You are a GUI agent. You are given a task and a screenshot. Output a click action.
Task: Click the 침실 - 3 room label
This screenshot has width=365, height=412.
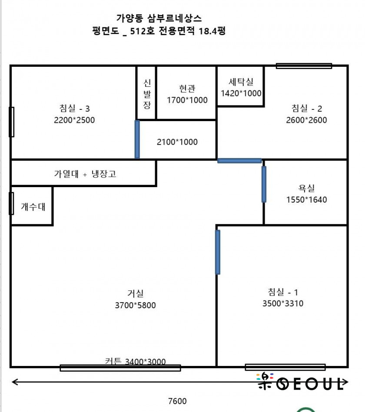click(74, 108)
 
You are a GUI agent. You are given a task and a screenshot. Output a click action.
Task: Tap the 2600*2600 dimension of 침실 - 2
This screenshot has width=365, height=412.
click(306, 120)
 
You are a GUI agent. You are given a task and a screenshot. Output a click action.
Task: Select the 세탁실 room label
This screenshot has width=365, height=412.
click(241, 82)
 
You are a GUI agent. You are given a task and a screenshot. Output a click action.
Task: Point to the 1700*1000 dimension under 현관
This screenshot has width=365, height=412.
click(187, 100)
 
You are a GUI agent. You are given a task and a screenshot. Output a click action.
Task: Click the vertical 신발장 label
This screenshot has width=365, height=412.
click(147, 94)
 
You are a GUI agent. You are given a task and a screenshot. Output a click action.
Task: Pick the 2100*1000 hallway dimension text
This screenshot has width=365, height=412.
click(177, 142)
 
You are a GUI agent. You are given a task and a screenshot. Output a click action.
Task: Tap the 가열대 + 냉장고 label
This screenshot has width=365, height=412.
click(85, 174)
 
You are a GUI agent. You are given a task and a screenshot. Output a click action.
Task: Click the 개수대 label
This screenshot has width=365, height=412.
click(33, 207)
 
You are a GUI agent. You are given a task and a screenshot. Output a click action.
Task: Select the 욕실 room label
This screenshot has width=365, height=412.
click(306, 188)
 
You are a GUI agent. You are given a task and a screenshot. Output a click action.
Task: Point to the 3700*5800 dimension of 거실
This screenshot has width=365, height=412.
click(135, 305)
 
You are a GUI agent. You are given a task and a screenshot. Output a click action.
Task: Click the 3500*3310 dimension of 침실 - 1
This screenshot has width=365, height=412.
click(283, 303)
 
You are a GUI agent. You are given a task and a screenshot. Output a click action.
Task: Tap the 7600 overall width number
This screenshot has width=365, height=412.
click(177, 401)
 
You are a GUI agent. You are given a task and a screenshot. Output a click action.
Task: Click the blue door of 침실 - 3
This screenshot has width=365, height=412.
click(137, 139)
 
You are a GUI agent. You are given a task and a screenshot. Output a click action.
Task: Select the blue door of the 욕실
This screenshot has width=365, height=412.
click(264, 184)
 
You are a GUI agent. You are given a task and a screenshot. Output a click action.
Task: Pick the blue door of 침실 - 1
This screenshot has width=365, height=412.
click(217, 252)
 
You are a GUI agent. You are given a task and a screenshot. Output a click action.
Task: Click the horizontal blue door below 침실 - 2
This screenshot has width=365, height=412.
click(239, 161)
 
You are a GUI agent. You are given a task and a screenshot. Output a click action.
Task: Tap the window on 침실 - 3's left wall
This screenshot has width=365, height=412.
click(12, 122)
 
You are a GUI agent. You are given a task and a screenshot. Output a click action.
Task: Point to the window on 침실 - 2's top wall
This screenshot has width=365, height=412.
click(304, 66)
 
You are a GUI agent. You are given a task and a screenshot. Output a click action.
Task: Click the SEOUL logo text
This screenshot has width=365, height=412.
click(301, 382)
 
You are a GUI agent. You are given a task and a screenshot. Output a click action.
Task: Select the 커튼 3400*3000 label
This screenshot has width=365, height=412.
click(135, 362)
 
